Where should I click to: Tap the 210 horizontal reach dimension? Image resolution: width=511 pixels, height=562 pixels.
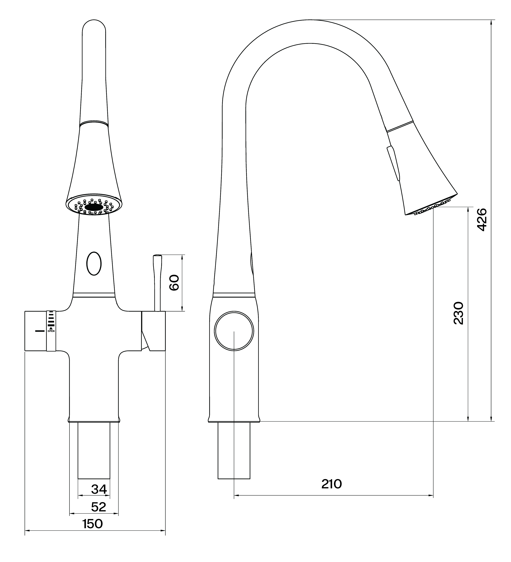331,484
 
